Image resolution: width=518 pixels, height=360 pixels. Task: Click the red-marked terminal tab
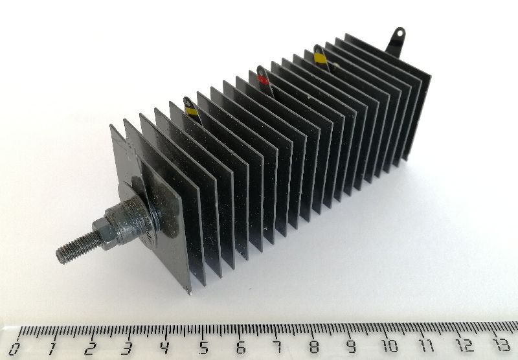(264, 78)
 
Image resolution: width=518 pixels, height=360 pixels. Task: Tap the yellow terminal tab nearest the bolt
(191, 108)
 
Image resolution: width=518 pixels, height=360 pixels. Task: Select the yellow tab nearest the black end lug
(320, 57)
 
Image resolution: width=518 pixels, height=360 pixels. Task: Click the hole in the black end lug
(400, 33)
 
